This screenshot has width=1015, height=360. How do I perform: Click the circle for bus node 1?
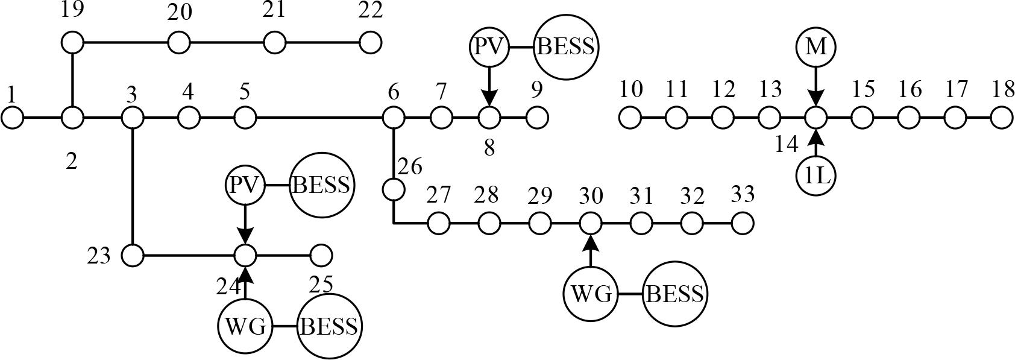tap(12, 118)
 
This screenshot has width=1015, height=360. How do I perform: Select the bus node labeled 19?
tap(73, 43)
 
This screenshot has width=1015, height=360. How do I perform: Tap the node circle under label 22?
tap(371, 43)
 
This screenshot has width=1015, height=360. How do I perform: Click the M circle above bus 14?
tap(815, 46)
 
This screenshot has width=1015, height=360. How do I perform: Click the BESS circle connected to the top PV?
tap(565, 47)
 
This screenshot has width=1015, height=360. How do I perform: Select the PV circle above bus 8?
tap(489, 47)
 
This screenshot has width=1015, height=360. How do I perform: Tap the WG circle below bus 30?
tap(591, 294)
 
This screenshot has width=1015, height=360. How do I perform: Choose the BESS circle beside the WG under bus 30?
tap(674, 294)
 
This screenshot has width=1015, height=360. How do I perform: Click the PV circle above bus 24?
tap(245, 185)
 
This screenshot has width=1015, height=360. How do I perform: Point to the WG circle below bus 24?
tap(245, 326)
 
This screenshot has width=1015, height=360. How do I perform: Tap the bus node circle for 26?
tap(394, 189)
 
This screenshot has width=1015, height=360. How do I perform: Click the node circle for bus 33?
tap(743, 223)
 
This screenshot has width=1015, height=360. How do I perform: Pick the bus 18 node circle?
tap(1002, 118)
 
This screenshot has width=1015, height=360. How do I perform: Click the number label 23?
tap(99, 256)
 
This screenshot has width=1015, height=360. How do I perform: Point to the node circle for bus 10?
tap(630, 118)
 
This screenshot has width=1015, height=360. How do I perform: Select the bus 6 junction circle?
tap(394, 118)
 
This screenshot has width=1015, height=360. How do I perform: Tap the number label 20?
tap(180, 13)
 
